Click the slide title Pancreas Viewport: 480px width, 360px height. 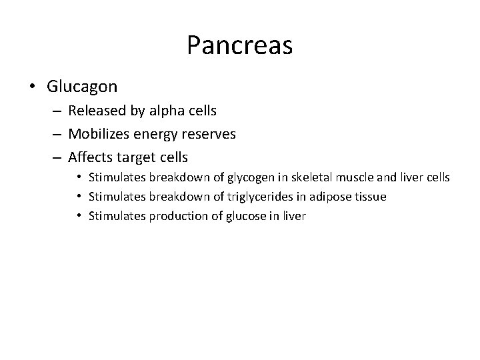point(239,45)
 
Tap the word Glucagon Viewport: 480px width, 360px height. point(82,87)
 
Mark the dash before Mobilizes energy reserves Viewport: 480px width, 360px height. point(57,134)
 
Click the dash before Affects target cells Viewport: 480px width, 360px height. point(57,158)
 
